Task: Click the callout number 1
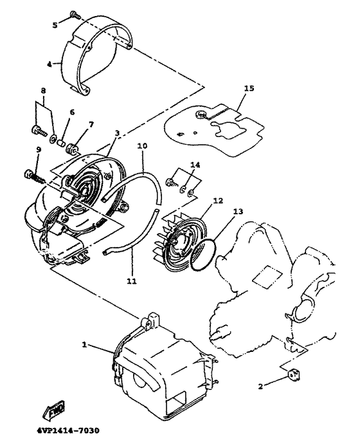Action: pos(85,344)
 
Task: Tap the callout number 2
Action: pos(260,386)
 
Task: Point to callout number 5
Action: pos(55,24)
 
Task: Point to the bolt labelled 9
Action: pos(31,174)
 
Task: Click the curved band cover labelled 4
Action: pos(96,58)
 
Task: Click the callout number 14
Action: pos(195,165)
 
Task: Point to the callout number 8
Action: pos(44,90)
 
